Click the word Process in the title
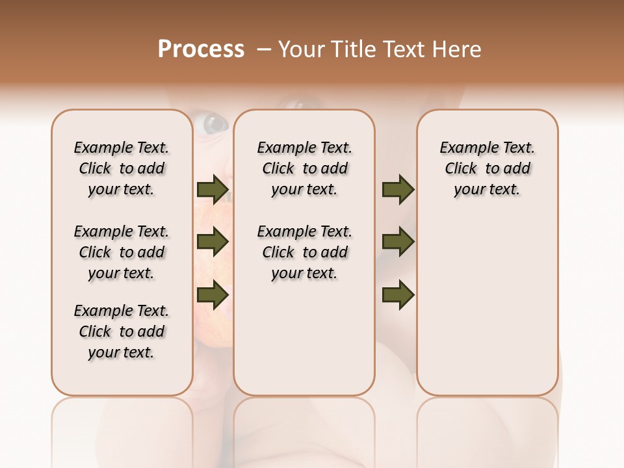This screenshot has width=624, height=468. [x=201, y=49]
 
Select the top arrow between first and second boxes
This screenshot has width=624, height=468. [x=213, y=190]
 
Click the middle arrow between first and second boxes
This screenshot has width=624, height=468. [x=213, y=242]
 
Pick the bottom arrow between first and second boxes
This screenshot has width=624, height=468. [x=213, y=294]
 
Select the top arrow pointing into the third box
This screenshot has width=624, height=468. [x=398, y=190]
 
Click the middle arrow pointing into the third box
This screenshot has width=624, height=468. [x=398, y=242]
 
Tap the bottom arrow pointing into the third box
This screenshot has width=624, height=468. [x=398, y=294]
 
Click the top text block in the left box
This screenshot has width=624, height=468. [x=122, y=168]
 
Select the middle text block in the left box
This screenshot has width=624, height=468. [x=122, y=252]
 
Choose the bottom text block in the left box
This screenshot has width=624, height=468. [x=122, y=331]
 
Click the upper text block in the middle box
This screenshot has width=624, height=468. [x=304, y=168]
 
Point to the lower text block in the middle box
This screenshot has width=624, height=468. [x=304, y=252]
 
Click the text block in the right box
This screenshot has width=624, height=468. [x=487, y=168]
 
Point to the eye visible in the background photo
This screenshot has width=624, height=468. [x=214, y=123]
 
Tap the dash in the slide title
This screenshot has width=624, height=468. [x=264, y=49]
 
